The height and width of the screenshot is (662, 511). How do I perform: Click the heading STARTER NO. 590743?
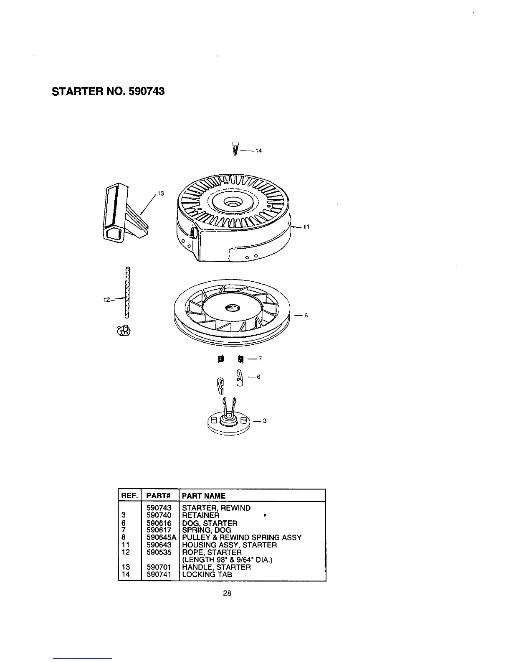tap(108, 91)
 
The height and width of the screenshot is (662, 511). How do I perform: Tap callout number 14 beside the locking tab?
tap(258, 151)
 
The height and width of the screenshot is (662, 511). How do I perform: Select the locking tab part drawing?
tap(235, 148)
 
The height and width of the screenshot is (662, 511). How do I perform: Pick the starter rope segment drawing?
tap(127, 293)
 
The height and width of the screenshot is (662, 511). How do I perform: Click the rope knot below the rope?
tap(124, 331)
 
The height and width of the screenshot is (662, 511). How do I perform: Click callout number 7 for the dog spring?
tap(260, 359)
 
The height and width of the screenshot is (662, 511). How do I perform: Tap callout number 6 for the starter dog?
tap(258, 377)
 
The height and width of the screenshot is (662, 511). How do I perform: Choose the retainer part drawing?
tap(229, 419)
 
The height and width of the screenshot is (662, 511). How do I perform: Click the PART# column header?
tap(157, 496)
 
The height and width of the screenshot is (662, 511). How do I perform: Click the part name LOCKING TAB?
tap(207, 574)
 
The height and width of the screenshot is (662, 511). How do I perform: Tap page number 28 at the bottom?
tap(227, 593)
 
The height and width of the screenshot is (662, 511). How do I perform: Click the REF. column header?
tap(129, 496)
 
